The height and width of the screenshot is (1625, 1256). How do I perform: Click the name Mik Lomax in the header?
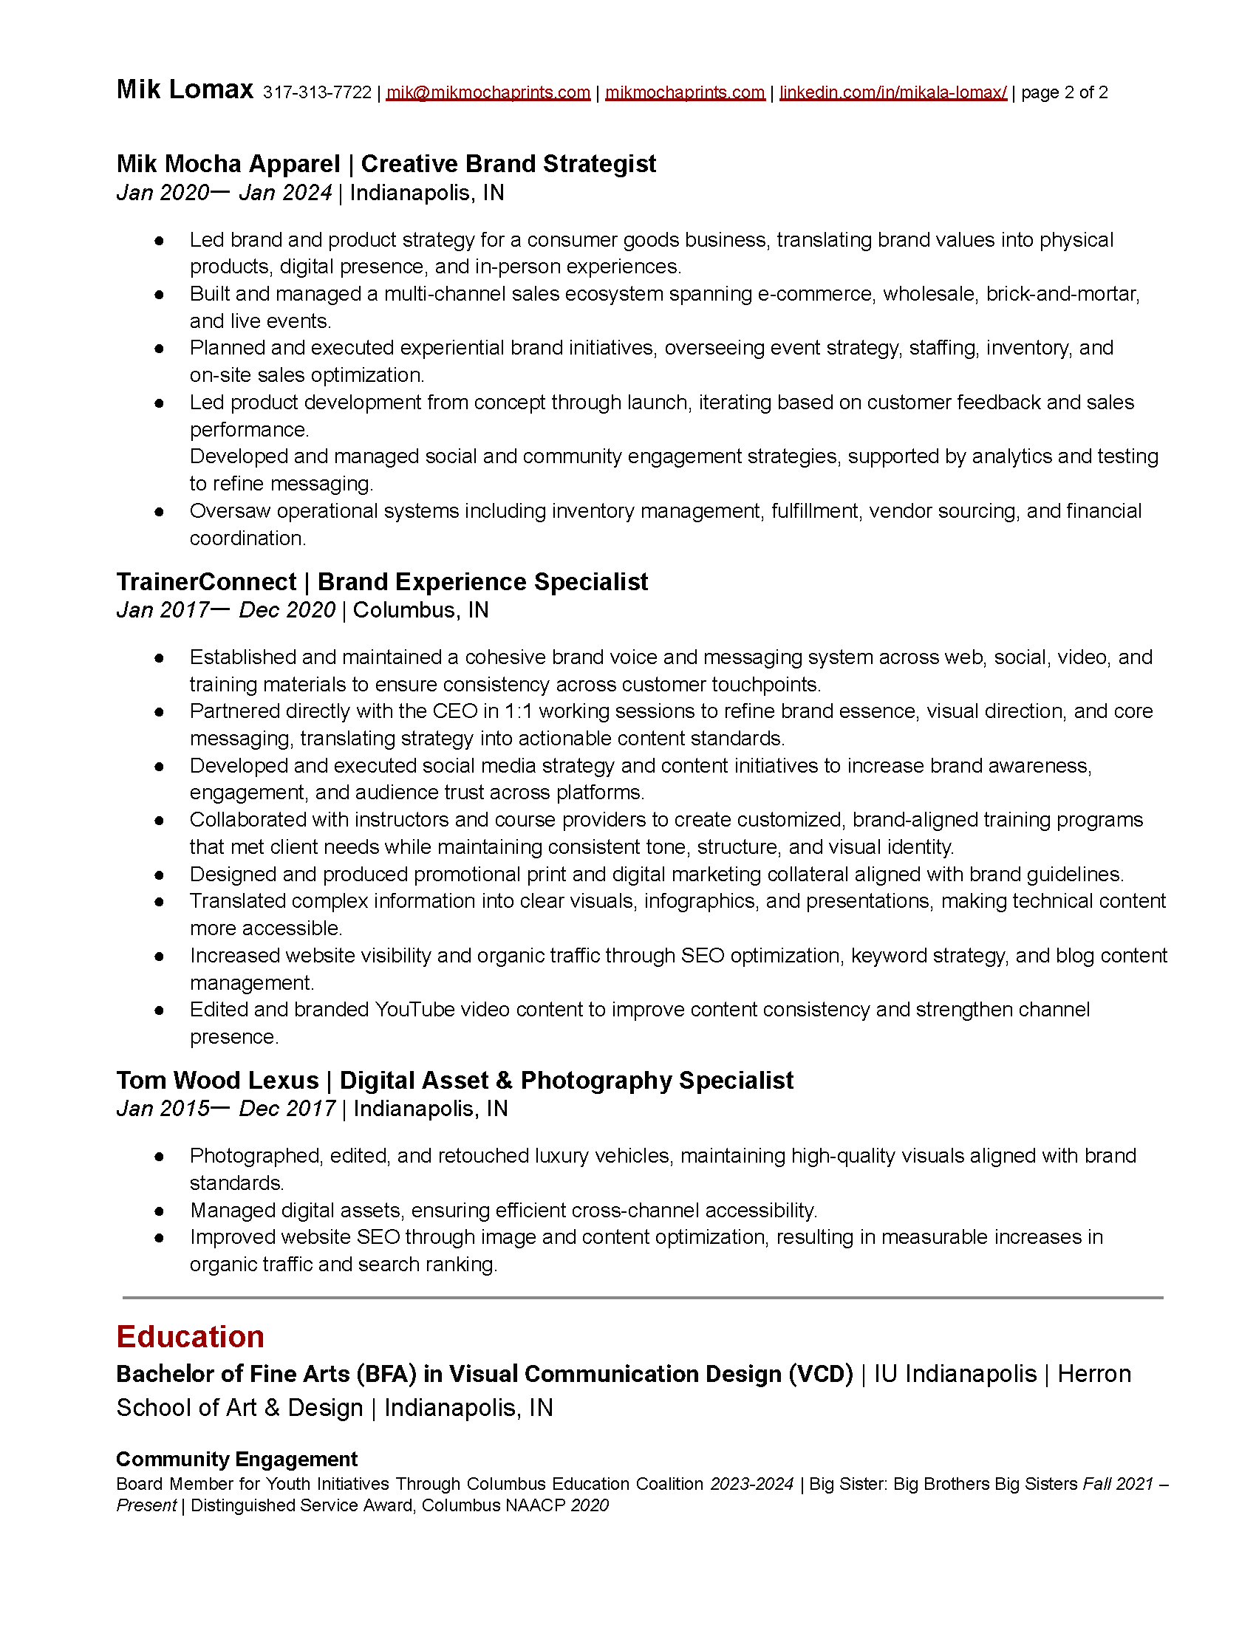(x=185, y=90)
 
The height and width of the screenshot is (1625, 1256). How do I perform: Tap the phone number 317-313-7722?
(x=317, y=92)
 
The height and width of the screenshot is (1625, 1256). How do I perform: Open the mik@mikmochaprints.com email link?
(x=488, y=92)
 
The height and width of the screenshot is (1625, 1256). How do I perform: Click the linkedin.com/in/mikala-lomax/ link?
(x=893, y=92)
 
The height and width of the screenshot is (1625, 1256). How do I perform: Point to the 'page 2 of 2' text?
(x=1064, y=92)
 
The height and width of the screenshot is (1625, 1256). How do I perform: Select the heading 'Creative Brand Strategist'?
(x=508, y=164)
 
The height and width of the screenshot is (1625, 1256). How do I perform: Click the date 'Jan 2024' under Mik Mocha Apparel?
(x=285, y=193)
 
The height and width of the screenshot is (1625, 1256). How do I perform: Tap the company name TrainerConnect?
(x=206, y=581)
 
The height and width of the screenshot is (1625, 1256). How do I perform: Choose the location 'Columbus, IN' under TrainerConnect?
(x=420, y=610)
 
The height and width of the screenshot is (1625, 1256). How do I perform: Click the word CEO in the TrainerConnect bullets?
(x=454, y=711)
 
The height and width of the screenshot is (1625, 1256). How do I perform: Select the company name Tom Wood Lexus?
(x=217, y=1080)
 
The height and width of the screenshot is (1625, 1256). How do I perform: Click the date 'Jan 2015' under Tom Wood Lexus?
(x=163, y=1109)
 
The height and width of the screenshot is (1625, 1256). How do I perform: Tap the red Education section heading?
(x=191, y=1337)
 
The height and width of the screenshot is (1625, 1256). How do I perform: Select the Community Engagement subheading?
(x=236, y=1459)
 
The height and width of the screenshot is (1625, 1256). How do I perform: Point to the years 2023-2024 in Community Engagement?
(x=751, y=1484)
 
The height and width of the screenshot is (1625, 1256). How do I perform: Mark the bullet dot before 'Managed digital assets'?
(x=160, y=1211)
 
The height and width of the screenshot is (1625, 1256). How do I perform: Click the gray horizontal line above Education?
(x=642, y=1298)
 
